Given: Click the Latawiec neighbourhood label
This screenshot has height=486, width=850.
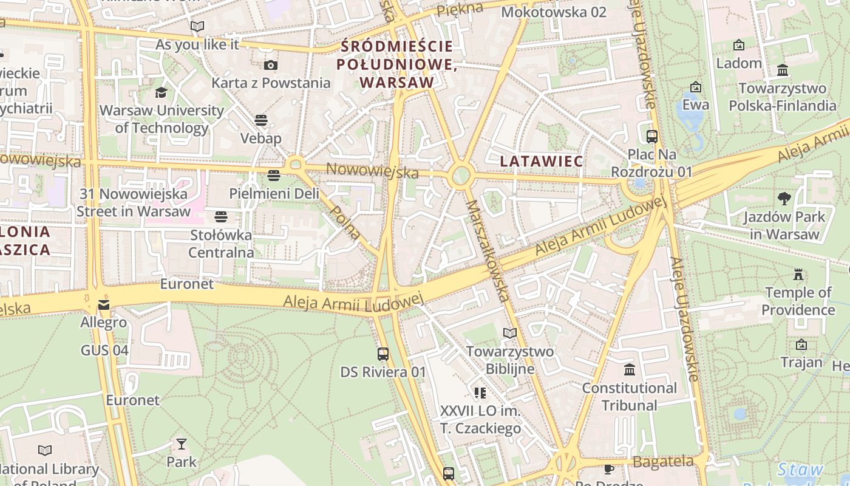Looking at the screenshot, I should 542,162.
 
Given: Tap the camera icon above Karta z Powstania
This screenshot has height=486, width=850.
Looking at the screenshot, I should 271,66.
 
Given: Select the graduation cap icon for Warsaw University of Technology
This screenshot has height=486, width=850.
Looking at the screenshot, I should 161,92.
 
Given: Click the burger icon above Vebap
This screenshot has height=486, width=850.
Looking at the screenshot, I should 261,120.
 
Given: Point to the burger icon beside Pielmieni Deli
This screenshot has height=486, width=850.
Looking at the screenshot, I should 274,176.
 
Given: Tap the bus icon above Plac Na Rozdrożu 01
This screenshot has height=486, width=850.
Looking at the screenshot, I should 652,137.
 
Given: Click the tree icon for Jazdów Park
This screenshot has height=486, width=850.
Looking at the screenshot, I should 784,198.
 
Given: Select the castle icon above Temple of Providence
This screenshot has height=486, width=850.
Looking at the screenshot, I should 798,275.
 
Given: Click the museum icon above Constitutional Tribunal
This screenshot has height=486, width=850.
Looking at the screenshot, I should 630,369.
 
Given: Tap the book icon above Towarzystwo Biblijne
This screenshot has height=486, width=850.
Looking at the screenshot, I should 510,333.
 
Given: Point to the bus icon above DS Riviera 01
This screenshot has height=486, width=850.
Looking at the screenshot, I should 383,354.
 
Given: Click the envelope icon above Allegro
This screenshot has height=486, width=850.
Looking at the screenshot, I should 104,304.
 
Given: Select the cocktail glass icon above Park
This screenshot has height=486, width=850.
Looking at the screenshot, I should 182,443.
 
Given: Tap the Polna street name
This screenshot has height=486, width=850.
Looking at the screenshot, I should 345,222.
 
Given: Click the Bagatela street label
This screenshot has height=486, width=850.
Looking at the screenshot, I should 662,462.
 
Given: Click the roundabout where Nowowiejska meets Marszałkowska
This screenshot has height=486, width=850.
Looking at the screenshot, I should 461,176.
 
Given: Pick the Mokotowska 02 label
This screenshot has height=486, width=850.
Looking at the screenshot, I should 554,12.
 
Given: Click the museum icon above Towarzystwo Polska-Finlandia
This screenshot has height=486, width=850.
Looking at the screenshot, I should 783,70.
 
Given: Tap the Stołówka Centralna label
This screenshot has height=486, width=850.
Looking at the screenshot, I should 221,243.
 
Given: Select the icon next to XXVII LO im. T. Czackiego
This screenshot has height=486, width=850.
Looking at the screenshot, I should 480,393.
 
